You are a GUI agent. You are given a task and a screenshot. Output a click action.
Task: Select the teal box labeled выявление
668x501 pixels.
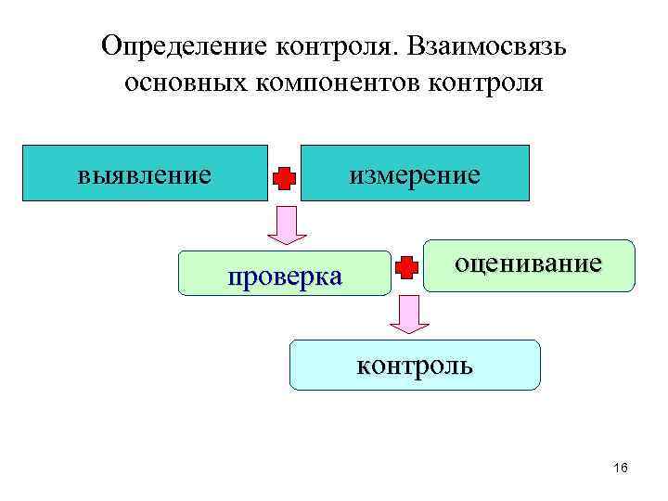tap(145, 173)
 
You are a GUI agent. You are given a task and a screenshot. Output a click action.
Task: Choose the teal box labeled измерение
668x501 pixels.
tap(415, 173)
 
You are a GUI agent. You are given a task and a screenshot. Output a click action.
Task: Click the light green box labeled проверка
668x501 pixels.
tap(285, 274)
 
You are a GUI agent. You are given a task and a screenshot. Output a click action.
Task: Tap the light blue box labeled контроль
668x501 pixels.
tap(415, 365)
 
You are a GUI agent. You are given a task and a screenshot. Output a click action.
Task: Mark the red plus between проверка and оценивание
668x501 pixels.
tap(406, 268)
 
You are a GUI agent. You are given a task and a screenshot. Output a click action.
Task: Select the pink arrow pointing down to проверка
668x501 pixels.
tap(287, 225)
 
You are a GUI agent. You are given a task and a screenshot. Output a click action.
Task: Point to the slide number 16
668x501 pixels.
tap(621, 468)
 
